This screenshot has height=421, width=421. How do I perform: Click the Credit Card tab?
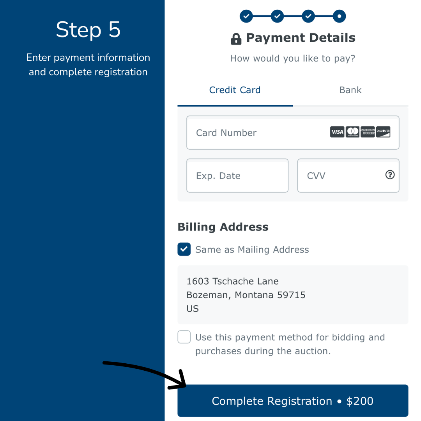(x=235, y=90)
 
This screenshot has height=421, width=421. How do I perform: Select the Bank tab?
(x=350, y=90)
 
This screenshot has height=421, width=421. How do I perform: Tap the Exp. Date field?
(x=237, y=175)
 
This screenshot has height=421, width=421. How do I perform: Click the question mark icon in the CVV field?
(x=390, y=175)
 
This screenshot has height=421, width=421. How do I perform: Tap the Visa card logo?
(x=337, y=132)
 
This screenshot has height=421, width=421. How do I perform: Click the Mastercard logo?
(x=352, y=132)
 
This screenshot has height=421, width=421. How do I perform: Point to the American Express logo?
(x=368, y=132)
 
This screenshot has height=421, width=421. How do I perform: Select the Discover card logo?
(x=383, y=132)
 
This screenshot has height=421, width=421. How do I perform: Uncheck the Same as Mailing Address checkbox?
(x=184, y=249)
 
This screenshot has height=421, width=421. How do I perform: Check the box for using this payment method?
(x=184, y=337)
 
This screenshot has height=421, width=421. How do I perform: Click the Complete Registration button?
(x=293, y=401)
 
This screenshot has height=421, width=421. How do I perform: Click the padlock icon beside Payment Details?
(x=236, y=39)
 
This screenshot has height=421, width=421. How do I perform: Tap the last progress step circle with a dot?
(x=340, y=16)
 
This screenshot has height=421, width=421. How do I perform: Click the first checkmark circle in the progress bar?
(x=246, y=16)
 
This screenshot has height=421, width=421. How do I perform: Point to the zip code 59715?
(x=291, y=295)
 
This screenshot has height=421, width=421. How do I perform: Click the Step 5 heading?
(x=88, y=30)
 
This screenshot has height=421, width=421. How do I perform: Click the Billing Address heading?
(x=223, y=227)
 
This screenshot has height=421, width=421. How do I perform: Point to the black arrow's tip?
(x=185, y=386)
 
